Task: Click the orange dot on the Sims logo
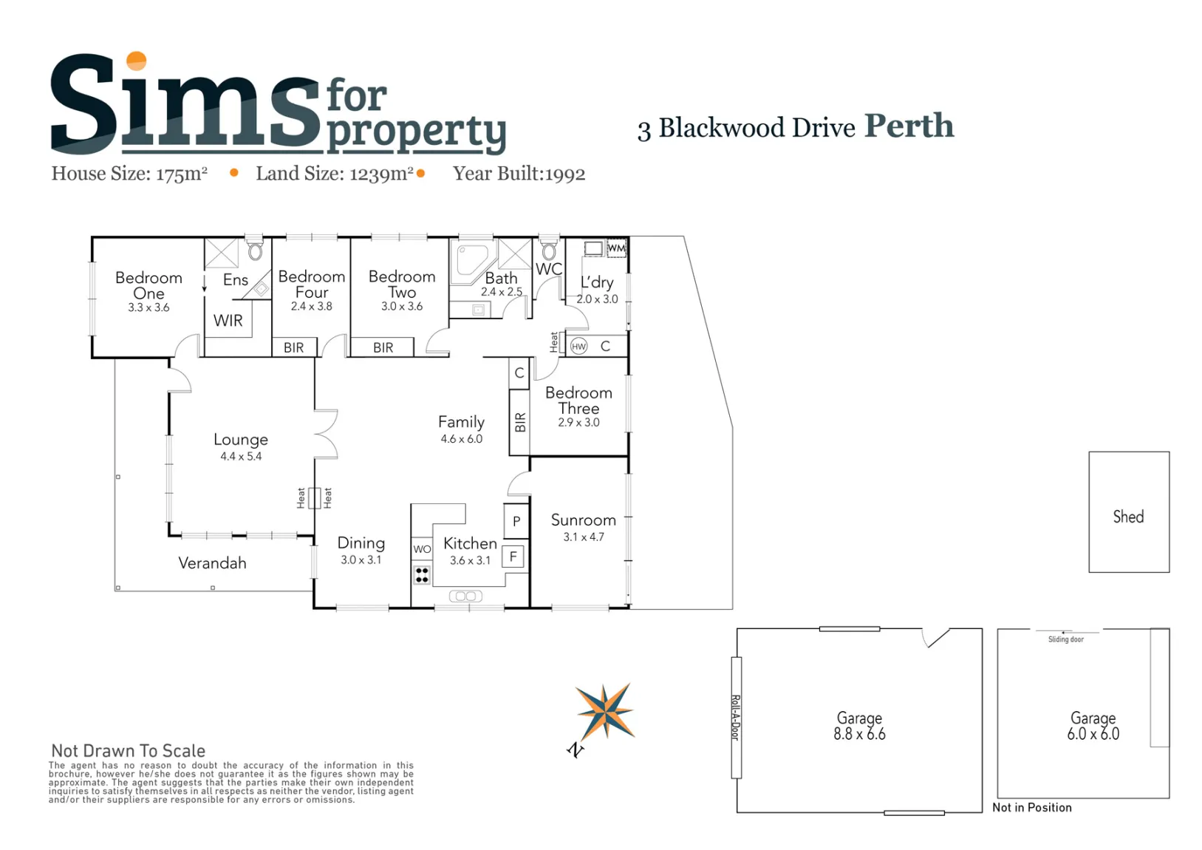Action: pos(136,61)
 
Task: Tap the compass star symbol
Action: pos(605,713)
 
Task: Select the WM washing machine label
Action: pos(617,248)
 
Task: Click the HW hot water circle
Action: pos(578,347)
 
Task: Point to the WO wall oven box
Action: pos(422,549)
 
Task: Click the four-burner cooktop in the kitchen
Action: pos(422,574)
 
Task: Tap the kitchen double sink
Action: pos(465,596)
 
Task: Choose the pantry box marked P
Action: pos(516,521)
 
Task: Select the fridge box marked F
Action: pos(513,557)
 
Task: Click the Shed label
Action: pos(1128,517)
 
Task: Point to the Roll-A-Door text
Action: pos(737,718)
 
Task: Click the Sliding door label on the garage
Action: pos(1066,639)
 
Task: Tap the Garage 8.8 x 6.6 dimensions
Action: pos(859,734)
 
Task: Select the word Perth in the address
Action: pos(909,126)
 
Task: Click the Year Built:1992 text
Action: pos(519,174)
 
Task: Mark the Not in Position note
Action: pos(1031,808)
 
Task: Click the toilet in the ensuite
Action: pos(256,250)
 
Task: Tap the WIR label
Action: pos(228,321)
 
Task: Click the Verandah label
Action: pos(212,563)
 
